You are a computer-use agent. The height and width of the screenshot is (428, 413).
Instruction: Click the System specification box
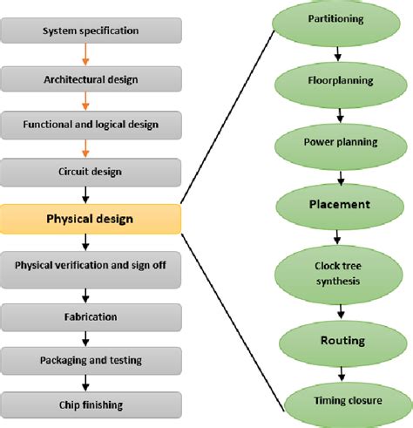(x=90, y=32)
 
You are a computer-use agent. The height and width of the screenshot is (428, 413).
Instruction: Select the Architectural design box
(x=90, y=79)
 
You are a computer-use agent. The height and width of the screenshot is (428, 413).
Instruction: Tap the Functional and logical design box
(x=90, y=125)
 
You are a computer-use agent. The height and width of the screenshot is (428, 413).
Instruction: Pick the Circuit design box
(x=90, y=172)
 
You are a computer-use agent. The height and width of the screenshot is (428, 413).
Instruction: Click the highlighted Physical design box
(x=90, y=219)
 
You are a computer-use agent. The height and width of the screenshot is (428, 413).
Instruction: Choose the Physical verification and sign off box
(x=90, y=265)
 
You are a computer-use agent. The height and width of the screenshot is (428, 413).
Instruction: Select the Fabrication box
(x=90, y=312)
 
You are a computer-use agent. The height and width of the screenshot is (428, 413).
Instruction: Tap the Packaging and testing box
(x=90, y=358)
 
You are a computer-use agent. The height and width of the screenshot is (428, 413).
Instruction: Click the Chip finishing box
(x=90, y=404)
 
